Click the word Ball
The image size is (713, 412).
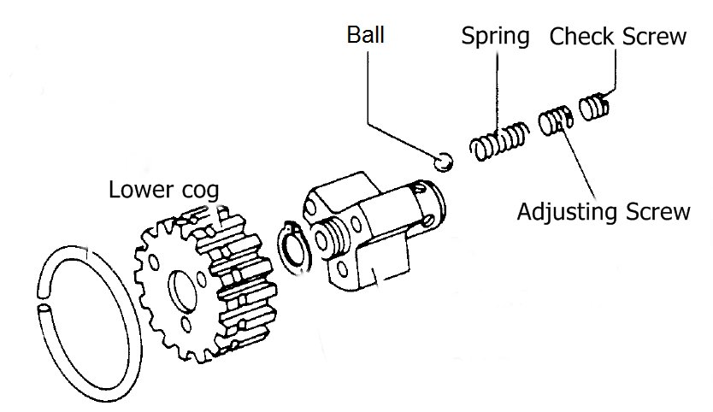365,35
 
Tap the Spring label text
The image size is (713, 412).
495,37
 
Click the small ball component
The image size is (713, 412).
443,161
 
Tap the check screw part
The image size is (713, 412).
595,107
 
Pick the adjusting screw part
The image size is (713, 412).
556,120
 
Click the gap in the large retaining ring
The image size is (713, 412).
42,306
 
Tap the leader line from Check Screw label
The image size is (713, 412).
615,73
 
